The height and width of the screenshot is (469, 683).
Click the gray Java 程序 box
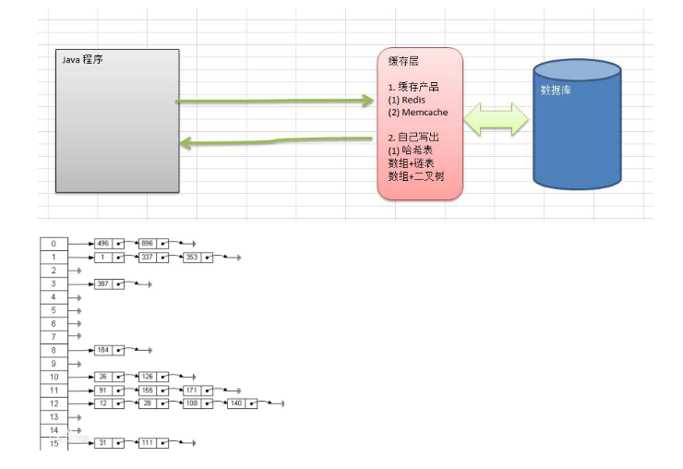coord(117,120)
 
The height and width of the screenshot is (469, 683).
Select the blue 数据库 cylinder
coord(579,129)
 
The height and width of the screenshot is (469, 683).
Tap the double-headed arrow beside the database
coord(497,119)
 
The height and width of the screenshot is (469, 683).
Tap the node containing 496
coord(103,244)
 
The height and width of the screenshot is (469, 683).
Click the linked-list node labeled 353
coord(192,257)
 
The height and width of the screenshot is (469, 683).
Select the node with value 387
coord(103,283)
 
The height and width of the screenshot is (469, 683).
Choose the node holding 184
coord(103,351)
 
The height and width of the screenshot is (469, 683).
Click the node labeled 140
coord(236,403)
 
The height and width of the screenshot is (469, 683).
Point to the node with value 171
coord(192,391)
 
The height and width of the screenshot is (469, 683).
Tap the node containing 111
coord(148,444)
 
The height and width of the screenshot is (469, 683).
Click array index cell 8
coord(54,351)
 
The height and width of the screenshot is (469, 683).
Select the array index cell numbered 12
coord(54,403)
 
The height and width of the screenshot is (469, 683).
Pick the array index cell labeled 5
coord(54,310)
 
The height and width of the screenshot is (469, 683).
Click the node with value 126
coord(148,377)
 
